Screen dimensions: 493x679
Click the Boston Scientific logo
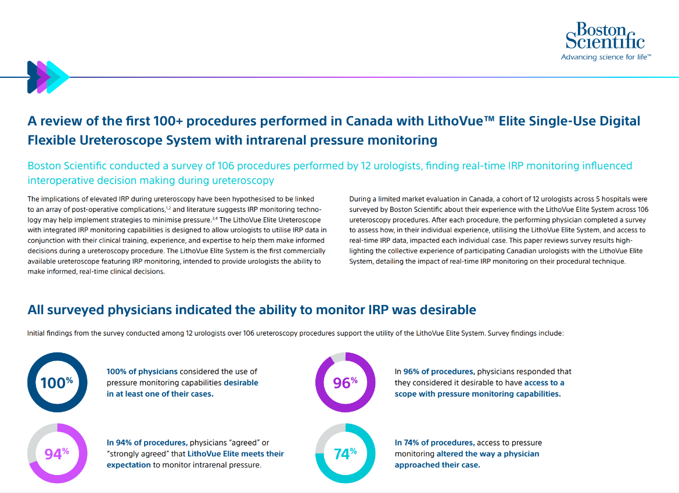pos(605,35)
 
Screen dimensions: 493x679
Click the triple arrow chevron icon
pos(48,77)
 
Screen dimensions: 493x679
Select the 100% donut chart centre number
pos(57,382)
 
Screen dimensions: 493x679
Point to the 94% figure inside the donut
pos(57,454)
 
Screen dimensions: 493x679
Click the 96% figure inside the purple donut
pos(345,382)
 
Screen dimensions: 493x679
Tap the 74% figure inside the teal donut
pos(345,454)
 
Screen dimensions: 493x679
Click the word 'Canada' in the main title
pos(367,121)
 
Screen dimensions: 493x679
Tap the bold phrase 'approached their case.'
pos(437,465)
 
